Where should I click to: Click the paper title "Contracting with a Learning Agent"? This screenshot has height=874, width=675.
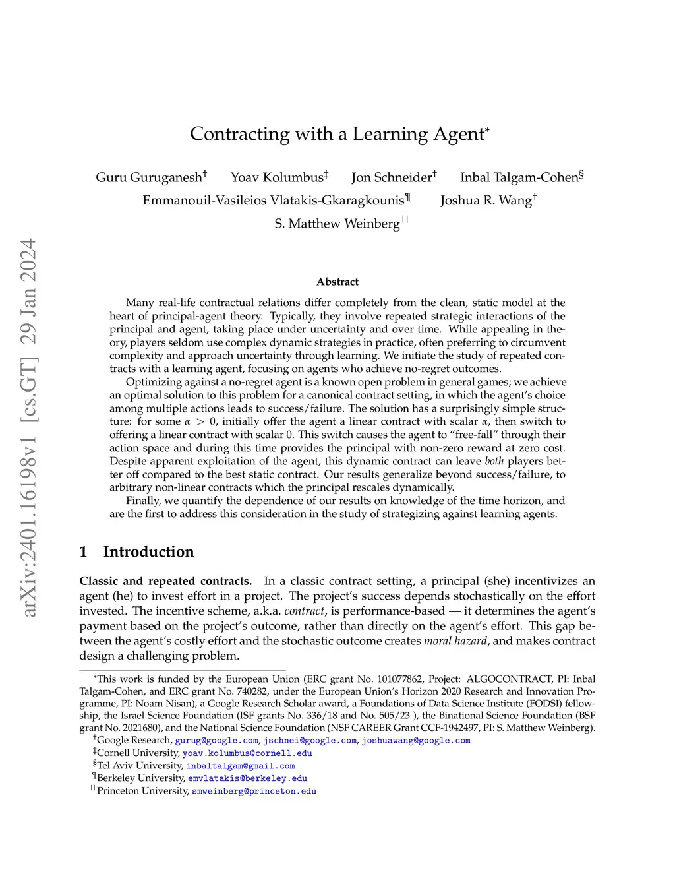[337, 134]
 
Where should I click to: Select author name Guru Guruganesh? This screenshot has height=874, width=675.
[149, 177]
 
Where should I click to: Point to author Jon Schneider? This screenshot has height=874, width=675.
[392, 177]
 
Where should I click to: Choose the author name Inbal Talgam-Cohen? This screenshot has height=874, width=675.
[519, 177]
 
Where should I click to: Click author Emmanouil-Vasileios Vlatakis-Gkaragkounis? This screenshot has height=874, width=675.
[274, 201]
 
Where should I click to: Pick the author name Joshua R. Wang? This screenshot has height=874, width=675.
[486, 201]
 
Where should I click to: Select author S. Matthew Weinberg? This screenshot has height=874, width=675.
[337, 224]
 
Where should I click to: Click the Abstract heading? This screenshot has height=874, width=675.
[337, 282]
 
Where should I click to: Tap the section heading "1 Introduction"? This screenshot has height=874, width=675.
[137, 551]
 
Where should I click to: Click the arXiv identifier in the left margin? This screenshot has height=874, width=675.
[28, 429]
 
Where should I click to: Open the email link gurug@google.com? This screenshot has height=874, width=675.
[216, 741]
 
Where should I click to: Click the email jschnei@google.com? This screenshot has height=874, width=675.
[310, 741]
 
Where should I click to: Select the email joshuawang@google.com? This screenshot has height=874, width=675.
[416, 741]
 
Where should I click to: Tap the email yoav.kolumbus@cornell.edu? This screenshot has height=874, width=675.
[247, 753]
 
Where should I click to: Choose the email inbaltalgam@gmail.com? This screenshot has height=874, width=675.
[241, 766]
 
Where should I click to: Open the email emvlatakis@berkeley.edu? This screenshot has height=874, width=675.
[247, 778]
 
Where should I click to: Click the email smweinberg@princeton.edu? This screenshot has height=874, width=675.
[254, 791]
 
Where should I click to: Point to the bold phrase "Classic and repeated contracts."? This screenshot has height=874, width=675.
[165, 581]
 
